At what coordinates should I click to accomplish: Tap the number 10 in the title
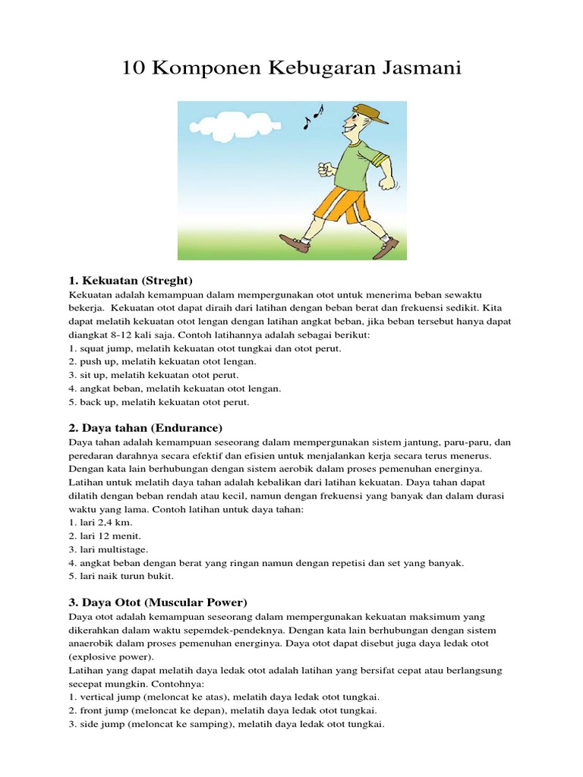click(134, 68)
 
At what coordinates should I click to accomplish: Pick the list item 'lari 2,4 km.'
click(94, 523)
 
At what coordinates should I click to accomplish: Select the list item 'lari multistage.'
click(109, 549)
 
